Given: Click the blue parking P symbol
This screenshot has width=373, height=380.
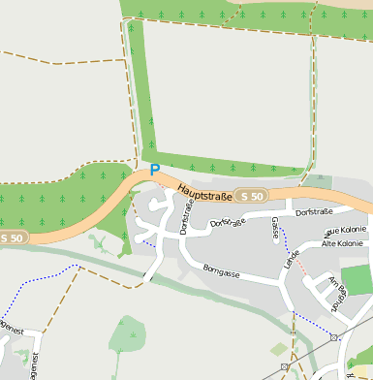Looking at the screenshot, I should [154, 171].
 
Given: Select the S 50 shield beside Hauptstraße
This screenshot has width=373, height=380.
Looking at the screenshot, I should [252, 196].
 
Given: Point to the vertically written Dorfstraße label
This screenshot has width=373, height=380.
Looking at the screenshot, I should [186, 215].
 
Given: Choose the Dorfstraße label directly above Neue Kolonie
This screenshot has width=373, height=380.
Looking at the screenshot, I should [314, 211].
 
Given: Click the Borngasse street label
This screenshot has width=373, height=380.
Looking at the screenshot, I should [220, 271].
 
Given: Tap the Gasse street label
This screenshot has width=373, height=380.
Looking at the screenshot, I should [276, 227].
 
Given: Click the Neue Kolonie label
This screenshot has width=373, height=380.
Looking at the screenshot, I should [345, 231].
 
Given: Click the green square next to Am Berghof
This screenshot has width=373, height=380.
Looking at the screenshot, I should [357, 280].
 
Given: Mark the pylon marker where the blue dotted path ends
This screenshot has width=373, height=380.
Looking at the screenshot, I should [333, 337].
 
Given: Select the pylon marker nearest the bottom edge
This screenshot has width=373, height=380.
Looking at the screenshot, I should [285, 366].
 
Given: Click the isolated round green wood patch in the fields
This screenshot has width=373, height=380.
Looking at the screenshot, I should [129, 333].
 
